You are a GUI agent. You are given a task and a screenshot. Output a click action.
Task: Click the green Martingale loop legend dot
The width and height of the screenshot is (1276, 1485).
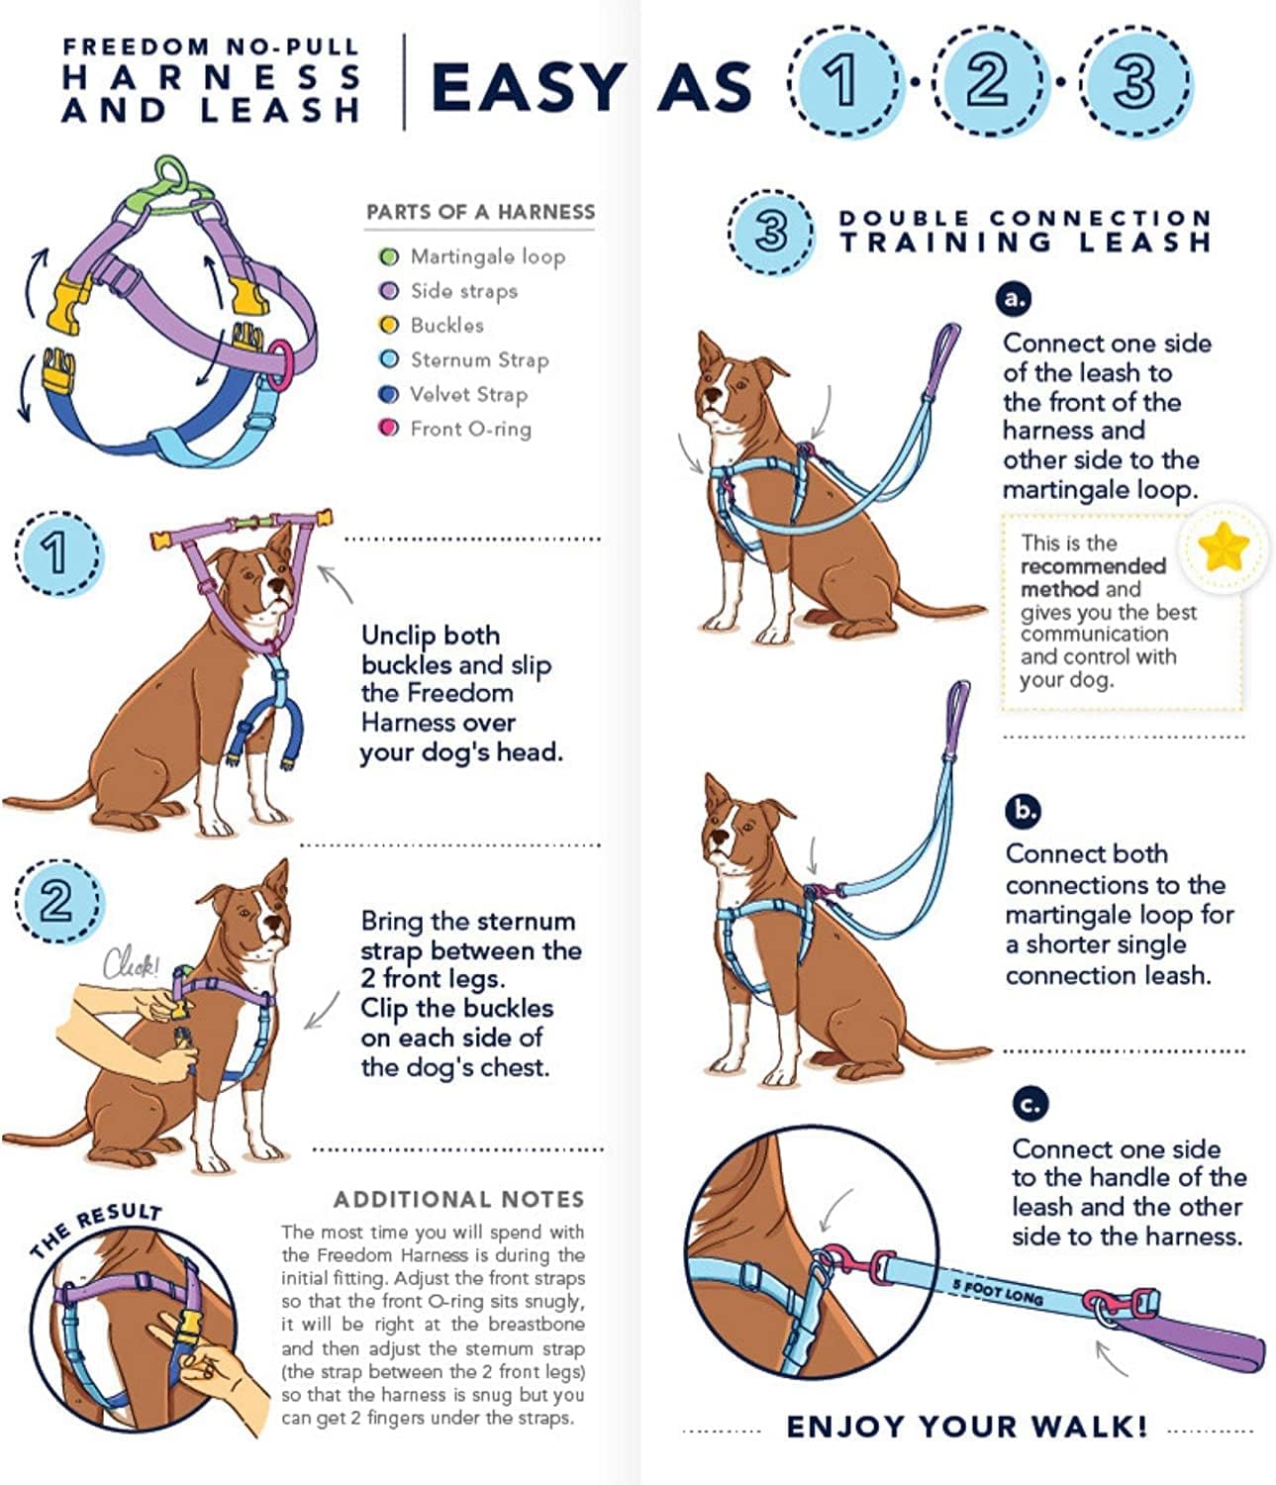coord(389,257)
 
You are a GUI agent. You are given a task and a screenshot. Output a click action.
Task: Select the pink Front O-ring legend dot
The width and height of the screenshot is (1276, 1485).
coord(389,429)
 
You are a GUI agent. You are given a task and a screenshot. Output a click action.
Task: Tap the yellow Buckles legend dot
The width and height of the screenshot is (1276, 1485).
coord(389,326)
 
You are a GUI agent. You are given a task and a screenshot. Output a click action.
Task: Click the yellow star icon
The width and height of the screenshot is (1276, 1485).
coord(1222,545)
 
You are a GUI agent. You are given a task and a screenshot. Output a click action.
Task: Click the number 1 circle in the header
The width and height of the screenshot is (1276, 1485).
coord(843,83)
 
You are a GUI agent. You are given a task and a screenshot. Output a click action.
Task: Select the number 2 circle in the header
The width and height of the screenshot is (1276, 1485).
coord(987,83)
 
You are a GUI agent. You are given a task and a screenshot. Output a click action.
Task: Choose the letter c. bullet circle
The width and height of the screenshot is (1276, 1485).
coord(1031,1103)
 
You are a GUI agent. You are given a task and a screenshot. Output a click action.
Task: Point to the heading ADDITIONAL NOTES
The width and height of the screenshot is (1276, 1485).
coord(458,1200)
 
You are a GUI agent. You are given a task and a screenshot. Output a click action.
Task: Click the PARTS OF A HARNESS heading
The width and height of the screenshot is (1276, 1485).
coord(480,212)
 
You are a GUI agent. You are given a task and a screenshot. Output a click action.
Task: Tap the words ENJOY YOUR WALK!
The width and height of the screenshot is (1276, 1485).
coord(966,1427)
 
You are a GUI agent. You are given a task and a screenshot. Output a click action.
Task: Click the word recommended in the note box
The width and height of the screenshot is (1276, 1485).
coord(1093,566)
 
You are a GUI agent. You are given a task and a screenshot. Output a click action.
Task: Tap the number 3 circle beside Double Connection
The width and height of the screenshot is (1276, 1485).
coord(771,232)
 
